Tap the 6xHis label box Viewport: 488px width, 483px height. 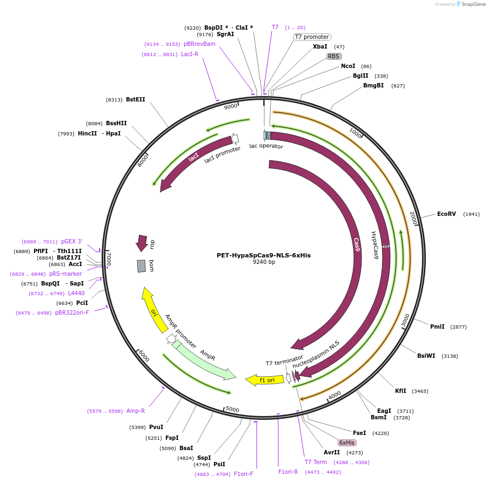tap(347, 443)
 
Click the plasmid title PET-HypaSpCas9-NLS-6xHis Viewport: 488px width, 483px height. tap(264, 255)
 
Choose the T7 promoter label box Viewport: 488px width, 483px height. tap(312, 37)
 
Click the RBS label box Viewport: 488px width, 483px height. tap(333, 56)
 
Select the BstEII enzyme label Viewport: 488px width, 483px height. tap(135, 99)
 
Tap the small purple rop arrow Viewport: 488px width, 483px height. tap(142, 243)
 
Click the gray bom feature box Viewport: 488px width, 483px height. tap(142, 266)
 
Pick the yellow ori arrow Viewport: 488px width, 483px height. tap(153, 310)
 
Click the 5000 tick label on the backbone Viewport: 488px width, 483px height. tap(232, 410)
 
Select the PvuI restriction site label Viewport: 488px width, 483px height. tap(156, 427)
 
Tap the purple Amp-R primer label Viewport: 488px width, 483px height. tap(135, 411)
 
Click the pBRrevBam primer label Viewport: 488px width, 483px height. tap(199, 44)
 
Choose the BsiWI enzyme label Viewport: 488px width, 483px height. tap(426, 356)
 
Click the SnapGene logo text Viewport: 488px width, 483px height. tap(473, 4)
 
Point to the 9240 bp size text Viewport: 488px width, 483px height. tap(264, 262)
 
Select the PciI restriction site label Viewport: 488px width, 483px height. tap(82, 303)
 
